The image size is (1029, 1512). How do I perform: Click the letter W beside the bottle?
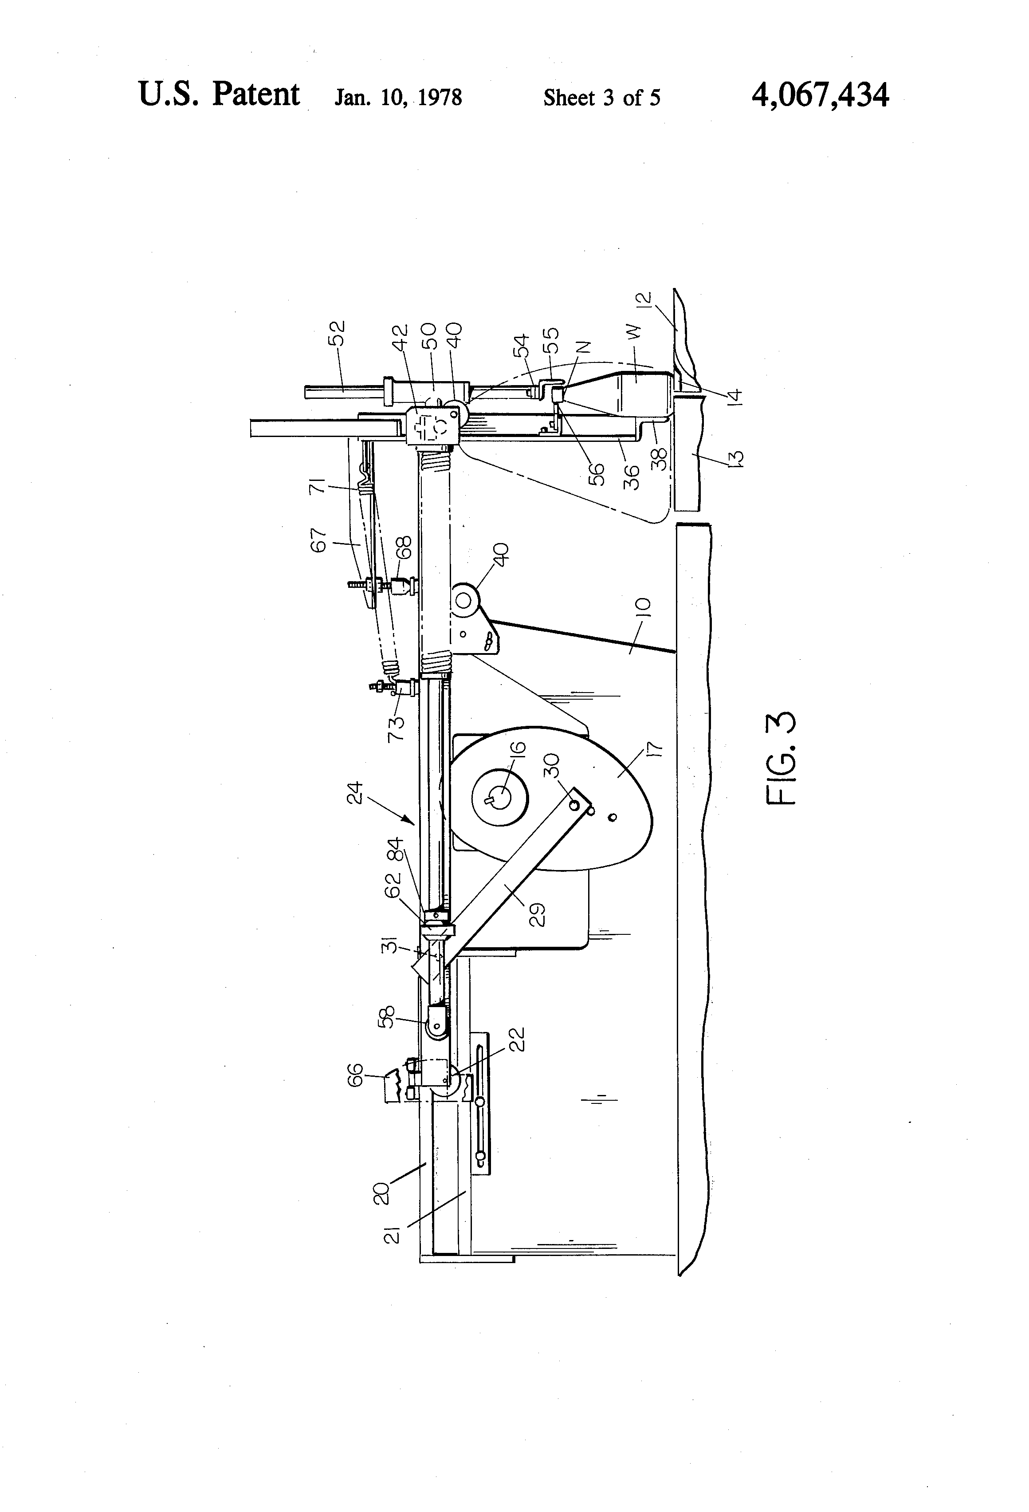click(636, 331)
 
